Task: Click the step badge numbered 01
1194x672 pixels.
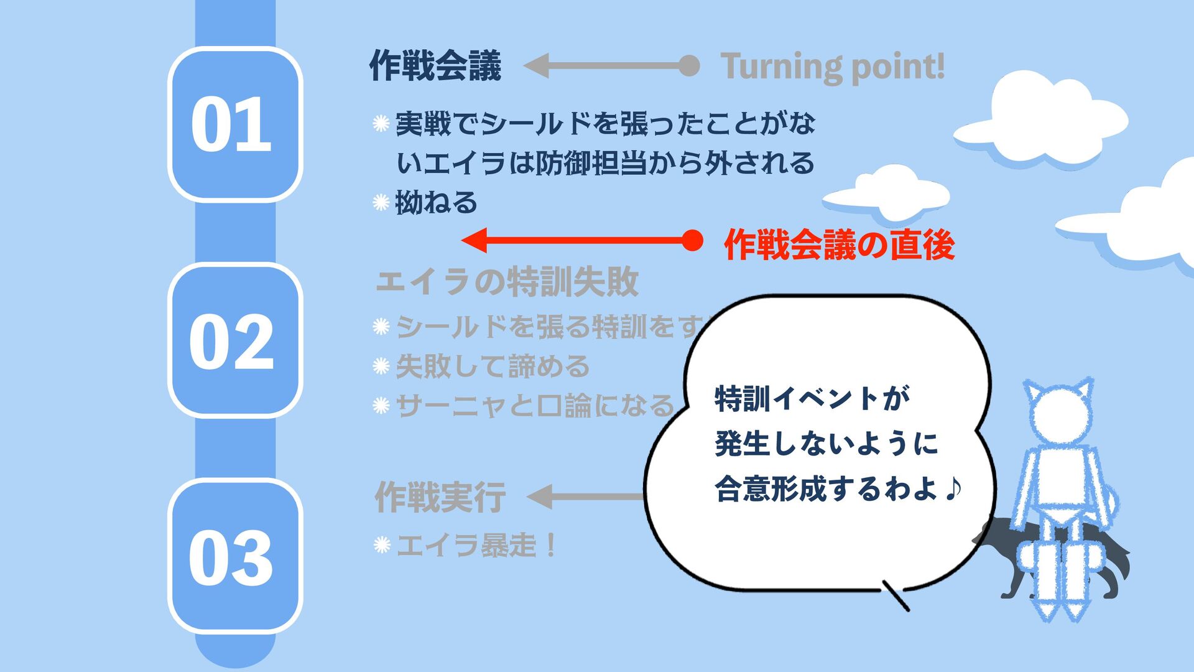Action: [234, 124]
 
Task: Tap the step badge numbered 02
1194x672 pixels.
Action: [234, 340]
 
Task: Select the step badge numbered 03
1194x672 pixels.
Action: [234, 556]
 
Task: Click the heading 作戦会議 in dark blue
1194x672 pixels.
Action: [435, 66]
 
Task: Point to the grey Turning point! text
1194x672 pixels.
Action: [832, 66]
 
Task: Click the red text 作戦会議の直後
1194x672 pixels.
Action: [839, 244]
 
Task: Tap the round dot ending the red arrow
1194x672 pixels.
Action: [692, 240]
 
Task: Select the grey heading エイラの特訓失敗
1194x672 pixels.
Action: [507, 281]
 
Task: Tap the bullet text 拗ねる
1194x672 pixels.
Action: [436, 203]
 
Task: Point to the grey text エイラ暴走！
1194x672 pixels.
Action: [476, 546]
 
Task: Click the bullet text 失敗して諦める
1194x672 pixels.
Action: [492, 366]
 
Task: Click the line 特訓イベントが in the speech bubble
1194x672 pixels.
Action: [812, 398]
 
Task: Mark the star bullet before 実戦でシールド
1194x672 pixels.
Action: [381, 124]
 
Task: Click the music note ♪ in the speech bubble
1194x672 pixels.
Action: [951, 488]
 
